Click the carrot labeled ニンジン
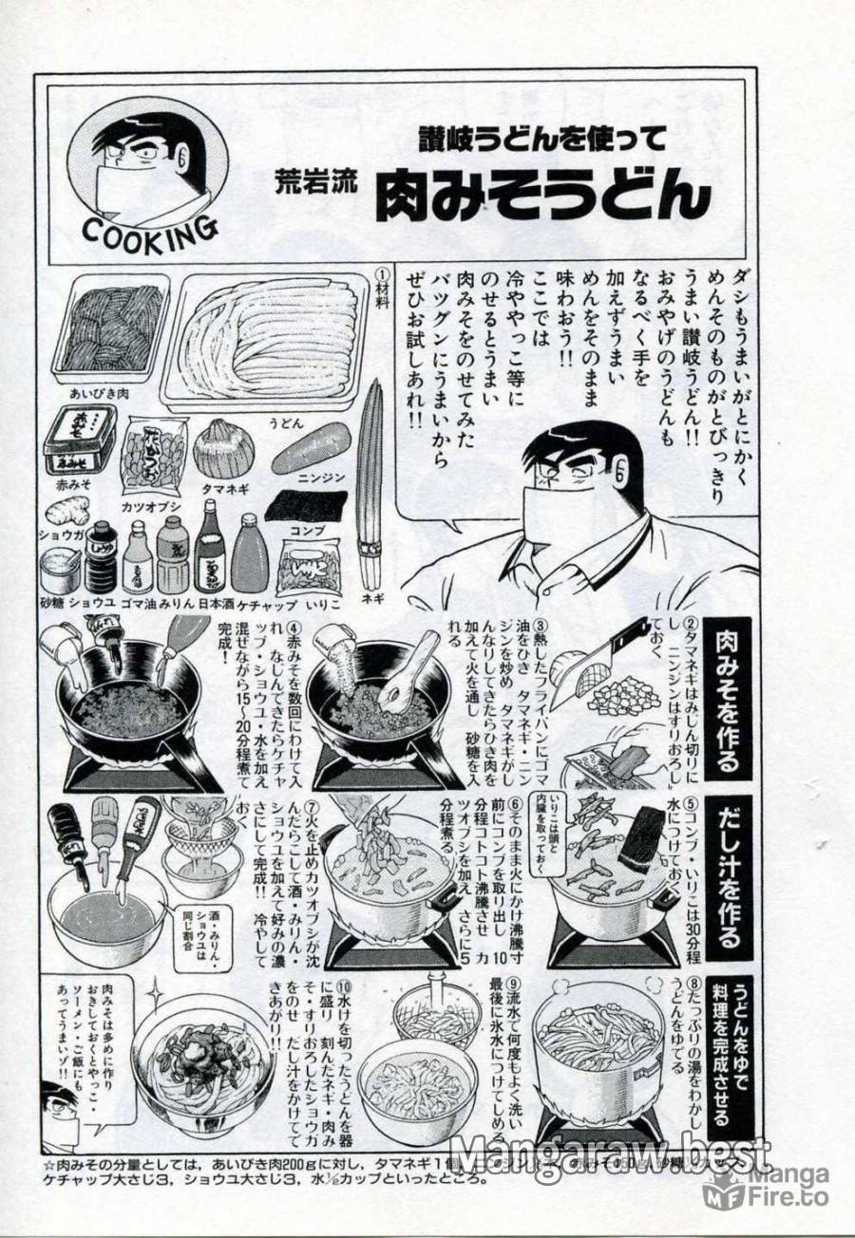click(311, 447)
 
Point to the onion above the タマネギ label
click(223, 447)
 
